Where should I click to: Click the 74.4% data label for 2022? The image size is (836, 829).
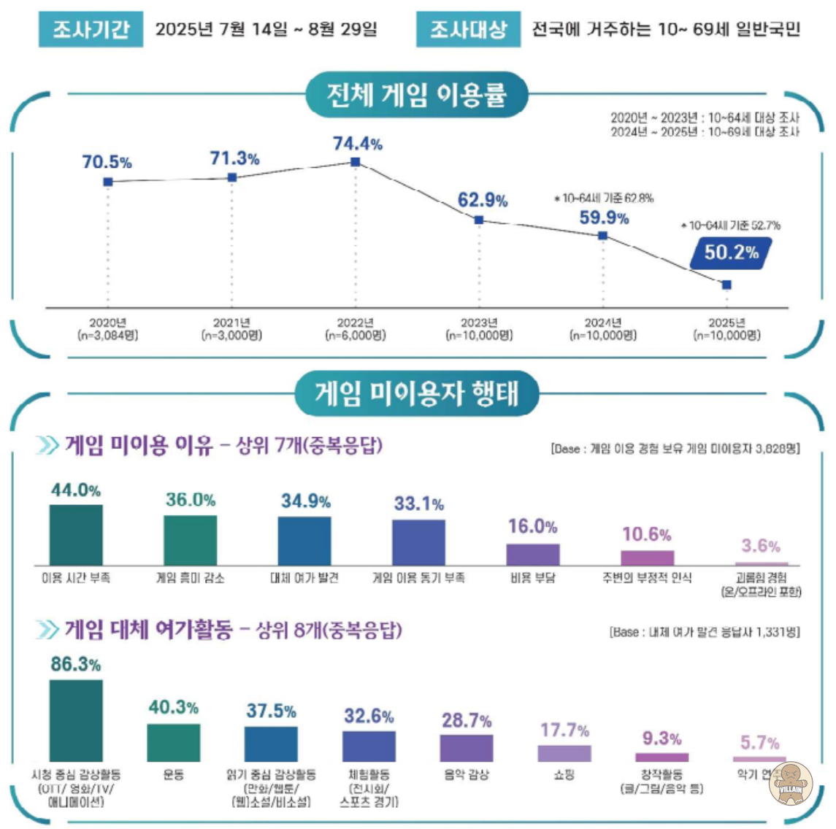tap(357, 144)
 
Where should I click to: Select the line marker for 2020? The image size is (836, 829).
tap(108, 182)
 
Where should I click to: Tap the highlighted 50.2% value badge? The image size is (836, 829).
tap(731, 252)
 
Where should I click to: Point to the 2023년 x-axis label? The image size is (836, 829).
tap(479, 323)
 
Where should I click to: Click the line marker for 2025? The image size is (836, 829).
tap(726, 284)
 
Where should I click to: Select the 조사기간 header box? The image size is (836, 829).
tap(91, 29)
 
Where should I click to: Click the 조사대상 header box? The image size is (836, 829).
tap(468, 29)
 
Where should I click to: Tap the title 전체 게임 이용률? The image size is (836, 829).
tap(416, 95)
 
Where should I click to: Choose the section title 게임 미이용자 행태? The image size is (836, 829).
tap(416, 394)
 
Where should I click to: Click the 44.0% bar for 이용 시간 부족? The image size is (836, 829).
tap(76, 535)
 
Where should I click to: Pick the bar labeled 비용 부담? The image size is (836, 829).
tap(533, 555)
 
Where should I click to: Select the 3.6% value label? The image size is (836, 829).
tap(761, 546)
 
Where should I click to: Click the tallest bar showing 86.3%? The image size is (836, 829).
tap(76, 720)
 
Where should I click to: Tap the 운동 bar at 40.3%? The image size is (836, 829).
tap(174, 743)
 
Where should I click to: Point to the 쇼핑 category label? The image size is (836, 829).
tap(564, 774)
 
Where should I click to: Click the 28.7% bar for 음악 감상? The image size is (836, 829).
tap(467, 748)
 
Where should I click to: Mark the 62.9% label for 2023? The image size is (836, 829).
tap(483, 200)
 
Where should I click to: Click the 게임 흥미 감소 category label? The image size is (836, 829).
tap(191, 578)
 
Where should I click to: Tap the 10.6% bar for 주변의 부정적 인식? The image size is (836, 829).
tap(647, 558)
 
